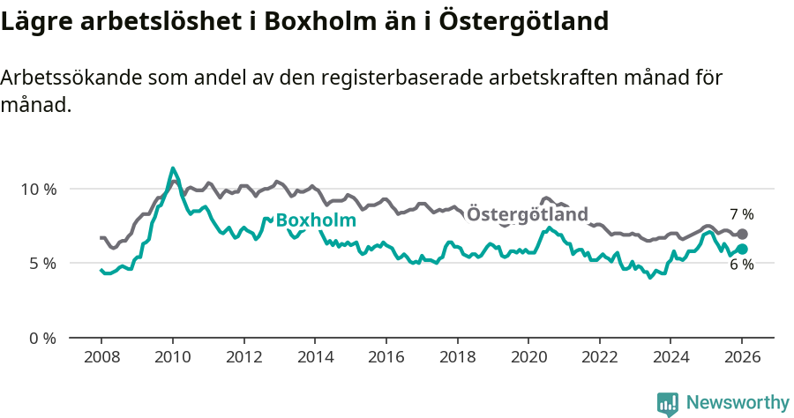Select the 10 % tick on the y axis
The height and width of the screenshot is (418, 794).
point(38,189)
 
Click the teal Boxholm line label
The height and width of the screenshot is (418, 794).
point(316,220)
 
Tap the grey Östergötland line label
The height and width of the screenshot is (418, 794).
point(527,214)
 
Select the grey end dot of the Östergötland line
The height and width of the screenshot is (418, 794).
point(742,234)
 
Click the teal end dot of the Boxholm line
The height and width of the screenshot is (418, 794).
point(742,249)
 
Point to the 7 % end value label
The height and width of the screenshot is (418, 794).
point(741,214)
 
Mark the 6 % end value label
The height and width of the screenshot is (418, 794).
point(741,265)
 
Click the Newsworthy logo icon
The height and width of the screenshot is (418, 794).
point(668,403)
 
